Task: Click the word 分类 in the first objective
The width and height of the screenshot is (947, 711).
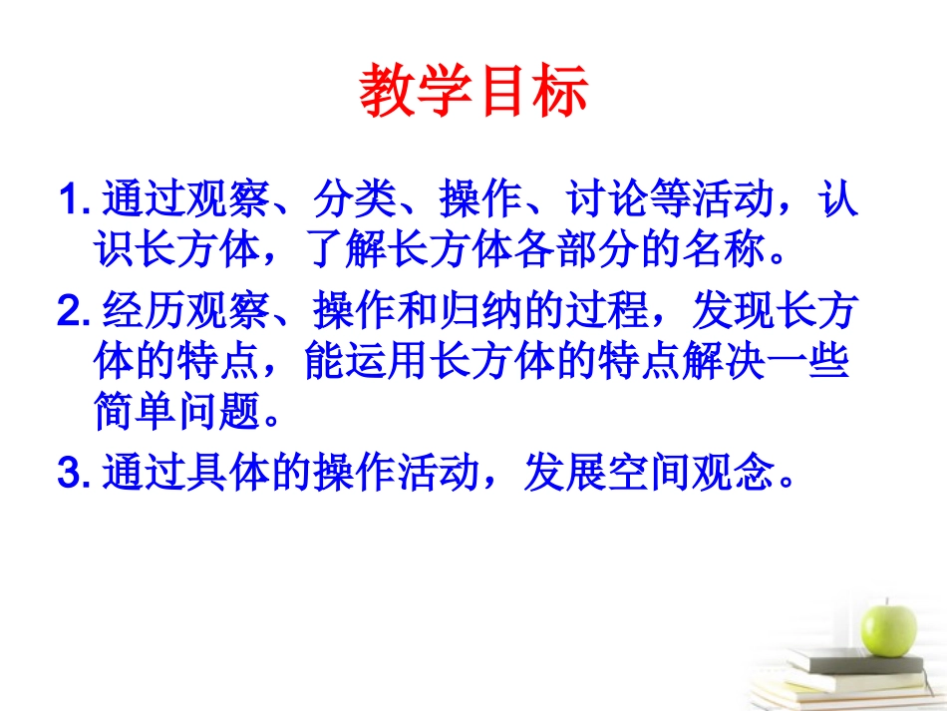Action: click(x=346, y=202)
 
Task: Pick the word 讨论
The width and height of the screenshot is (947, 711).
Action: click(x=597, y=202)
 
